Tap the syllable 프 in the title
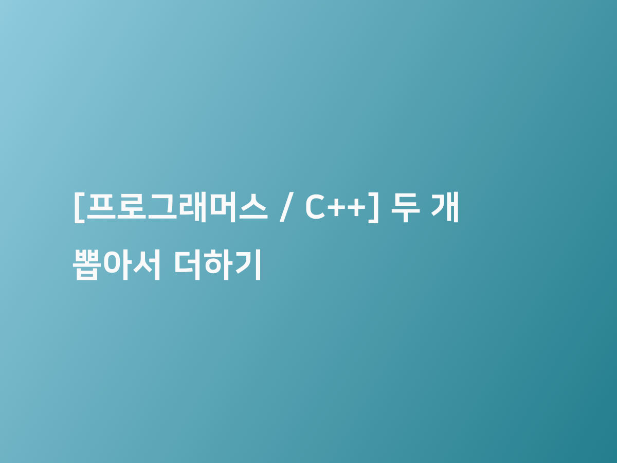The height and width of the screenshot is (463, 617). (x=101, y=206)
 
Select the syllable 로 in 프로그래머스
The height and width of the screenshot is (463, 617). (x=132, y=206)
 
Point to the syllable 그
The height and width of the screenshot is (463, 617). (x=162, y=206)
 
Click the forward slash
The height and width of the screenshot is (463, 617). (x=286, y=207)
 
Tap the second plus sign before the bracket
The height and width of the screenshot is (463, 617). (x=356, y=208)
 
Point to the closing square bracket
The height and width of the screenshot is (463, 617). (x=374, y=208)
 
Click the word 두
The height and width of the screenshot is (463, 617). (x=406, y=207)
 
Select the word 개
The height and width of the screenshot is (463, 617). (x=445, y=207)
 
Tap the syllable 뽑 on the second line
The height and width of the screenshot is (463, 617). (x=87, y=265)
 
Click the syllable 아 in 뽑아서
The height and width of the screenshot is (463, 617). (x=116, y=265)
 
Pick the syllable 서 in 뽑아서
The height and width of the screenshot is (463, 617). (x=147, y=265)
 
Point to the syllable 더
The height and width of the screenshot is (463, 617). (x=187, y=265)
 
